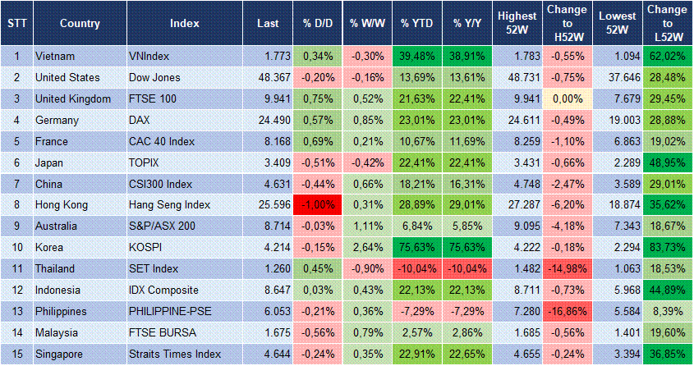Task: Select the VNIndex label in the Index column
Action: [149, 56]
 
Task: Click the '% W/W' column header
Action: [367, 23]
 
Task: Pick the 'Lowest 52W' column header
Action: [617, 23]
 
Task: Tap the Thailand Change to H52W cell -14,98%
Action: [568, 269]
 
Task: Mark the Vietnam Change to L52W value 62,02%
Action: [667, 56]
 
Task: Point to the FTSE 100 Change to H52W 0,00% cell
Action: [568, 98]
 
